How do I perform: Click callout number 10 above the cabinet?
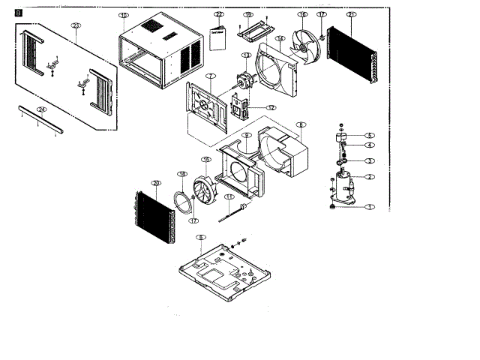coord(124,15)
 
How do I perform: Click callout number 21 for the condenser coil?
coord(351,15)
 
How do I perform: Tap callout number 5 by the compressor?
coord(369,136)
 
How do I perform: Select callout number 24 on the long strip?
coord(42,109)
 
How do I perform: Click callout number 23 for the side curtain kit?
coord(75,25)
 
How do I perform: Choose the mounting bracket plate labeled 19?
coord(253,32)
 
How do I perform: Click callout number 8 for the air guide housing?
coord(301,124)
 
